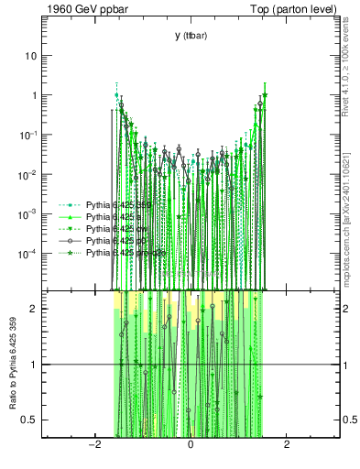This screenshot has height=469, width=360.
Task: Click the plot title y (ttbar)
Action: coord(190,36)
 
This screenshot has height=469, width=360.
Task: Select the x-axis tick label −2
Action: coord(93,446)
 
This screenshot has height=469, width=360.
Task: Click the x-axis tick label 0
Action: coord(190,446)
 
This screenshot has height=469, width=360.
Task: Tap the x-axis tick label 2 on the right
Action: coord(287,446)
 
